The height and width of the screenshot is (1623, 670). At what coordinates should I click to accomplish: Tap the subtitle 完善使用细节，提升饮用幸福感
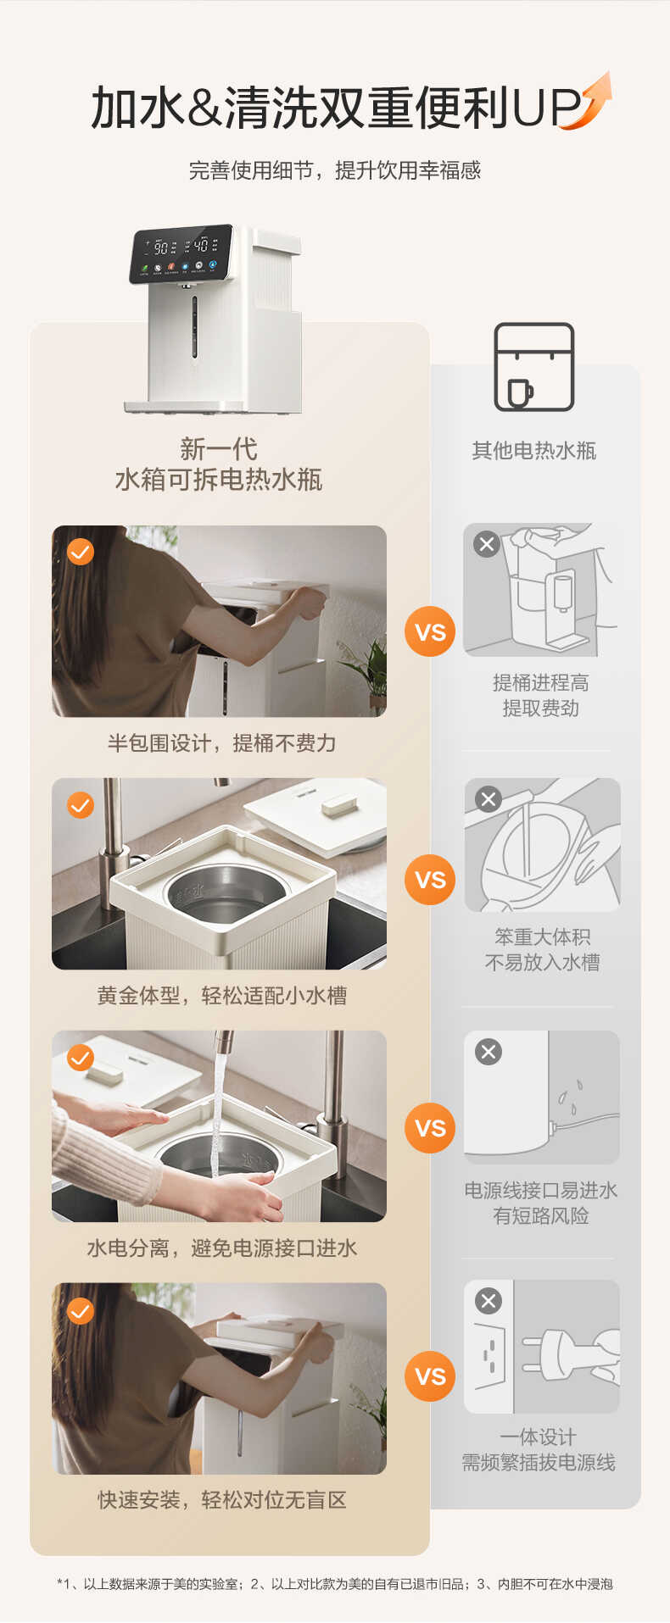pos(335,170)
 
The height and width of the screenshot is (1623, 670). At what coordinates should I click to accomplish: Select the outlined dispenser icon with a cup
pos(534,367)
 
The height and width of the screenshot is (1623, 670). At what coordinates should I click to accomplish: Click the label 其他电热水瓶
pos(534,451)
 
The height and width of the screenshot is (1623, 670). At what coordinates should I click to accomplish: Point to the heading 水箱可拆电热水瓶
pos(219,480)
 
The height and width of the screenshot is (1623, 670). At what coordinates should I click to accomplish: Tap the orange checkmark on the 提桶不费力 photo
pos(81,552)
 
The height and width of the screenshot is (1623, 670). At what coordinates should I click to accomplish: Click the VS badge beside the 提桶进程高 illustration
pos(430,631)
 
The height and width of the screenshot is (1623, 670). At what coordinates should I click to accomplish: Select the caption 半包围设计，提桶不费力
pos(222,743)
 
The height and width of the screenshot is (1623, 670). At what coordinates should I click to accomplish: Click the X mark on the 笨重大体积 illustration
pos(489,799)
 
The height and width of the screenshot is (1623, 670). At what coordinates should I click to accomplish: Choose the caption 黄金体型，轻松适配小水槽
pos(222,995)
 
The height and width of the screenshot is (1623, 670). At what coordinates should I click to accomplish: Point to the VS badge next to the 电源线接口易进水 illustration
pos(430,1128)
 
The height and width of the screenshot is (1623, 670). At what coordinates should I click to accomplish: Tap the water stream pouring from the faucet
pos(218,1110)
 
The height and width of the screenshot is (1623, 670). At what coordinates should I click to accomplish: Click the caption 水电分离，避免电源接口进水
pos(222,1248)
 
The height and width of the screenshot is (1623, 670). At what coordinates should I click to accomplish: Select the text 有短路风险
pos(541,1216)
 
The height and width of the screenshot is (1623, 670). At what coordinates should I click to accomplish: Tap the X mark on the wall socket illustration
pos(489,1301)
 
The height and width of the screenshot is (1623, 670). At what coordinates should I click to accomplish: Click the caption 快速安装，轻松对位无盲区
pos(222,1500)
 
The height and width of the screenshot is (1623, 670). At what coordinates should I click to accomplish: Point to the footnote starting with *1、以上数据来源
pos(335,1583)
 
